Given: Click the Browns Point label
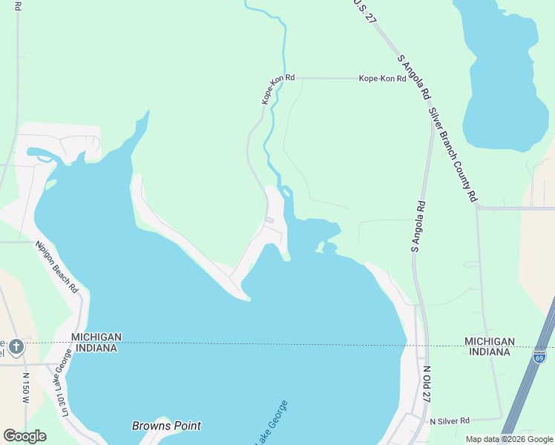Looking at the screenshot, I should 166,426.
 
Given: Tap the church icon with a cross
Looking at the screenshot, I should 16,346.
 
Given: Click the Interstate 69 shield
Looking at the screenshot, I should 539,357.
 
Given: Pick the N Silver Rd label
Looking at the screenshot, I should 450,421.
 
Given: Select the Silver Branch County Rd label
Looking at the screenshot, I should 452,155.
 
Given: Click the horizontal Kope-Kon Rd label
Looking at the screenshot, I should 382,78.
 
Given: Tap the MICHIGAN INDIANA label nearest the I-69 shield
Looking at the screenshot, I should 489,346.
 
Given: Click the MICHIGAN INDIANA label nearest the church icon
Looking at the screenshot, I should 96,343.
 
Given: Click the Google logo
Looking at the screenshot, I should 24,436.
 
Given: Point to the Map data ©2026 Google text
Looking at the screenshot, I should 509,439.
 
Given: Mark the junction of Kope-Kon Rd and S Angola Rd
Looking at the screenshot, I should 409,78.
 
